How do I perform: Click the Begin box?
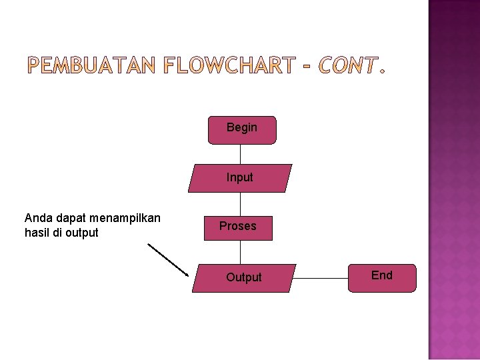point(241,130)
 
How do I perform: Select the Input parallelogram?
point(240,178)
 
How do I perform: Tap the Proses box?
point(238,227)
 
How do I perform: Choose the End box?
point(382,277)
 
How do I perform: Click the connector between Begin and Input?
point(241,154)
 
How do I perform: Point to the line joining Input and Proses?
point(241,203)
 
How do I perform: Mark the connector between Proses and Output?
point(241,251)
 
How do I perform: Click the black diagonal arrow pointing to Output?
point(168,259)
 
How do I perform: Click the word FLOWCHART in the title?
point(229,65)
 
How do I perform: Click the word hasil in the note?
point(37,233)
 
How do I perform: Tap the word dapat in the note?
point(67,219)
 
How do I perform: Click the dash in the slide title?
point(307,66)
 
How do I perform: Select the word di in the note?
point(58,233)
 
